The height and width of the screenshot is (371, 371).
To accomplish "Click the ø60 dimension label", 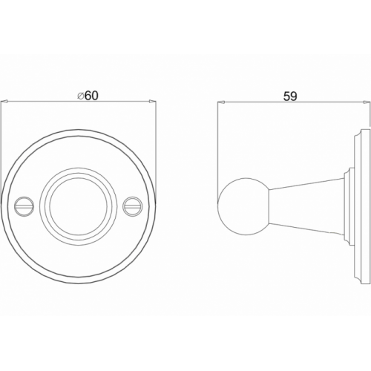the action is pyautogui.click(x=88, y=96).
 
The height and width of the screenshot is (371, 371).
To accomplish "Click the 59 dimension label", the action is pyautogui.click(x=290, y=96).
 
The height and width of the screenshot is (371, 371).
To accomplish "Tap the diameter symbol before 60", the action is pyautogui.click(x=80, y=96).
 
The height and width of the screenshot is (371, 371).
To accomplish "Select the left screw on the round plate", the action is pyautogui.click(x=24, y=206).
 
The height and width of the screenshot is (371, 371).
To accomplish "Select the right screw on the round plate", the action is pyautogui.click(x=132, y=206).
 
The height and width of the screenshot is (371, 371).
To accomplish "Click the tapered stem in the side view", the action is pyautogui.click(x=306, y=206).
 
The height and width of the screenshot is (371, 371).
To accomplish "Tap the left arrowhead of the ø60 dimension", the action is pyautogui.click(x=4, y=101).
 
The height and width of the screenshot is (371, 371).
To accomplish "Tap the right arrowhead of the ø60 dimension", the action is pyautogui.click(x=153, y=101).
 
